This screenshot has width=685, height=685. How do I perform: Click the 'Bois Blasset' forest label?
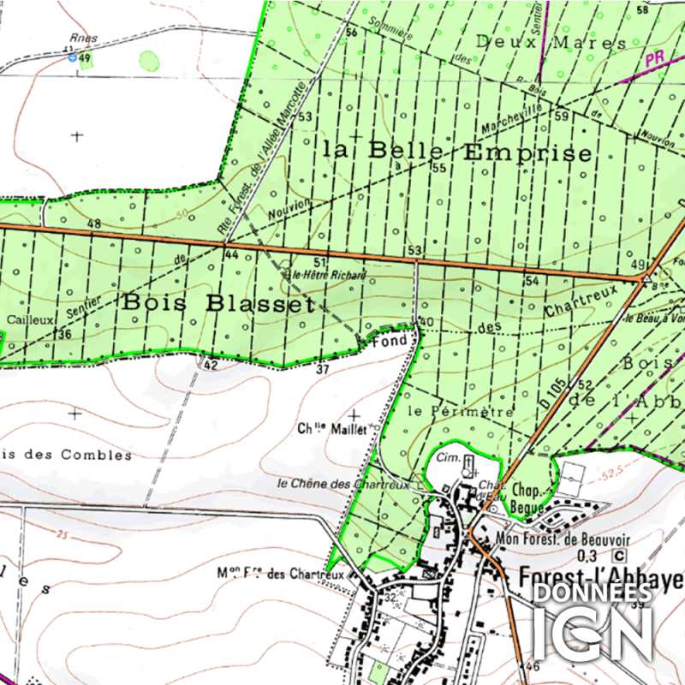(218, 303)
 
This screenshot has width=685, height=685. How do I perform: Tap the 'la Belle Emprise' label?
(457, 152)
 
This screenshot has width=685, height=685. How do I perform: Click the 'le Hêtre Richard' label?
(329, 276)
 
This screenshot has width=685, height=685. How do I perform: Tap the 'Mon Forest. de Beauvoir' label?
(563, 539)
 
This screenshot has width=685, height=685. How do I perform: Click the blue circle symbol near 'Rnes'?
(73, 58)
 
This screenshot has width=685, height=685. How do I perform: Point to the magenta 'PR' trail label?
(656, 59)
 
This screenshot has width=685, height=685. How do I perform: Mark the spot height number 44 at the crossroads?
(229, 255)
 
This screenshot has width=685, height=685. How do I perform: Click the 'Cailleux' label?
(25, 318)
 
